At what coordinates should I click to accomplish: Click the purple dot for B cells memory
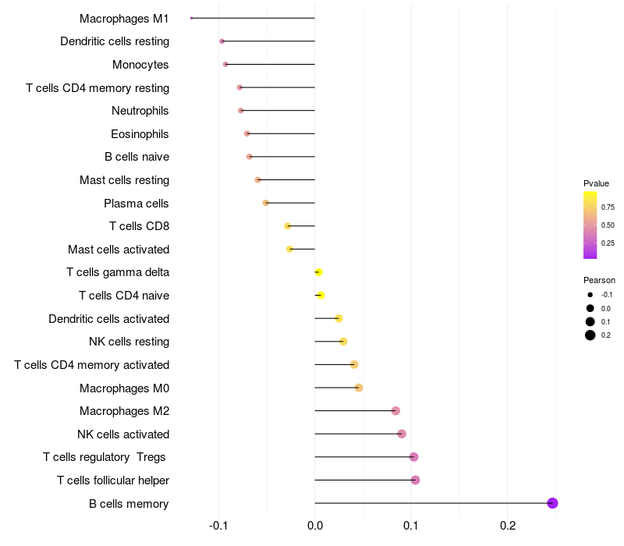[x=552, y=503]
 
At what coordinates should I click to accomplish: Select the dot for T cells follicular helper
[x=415, y=480]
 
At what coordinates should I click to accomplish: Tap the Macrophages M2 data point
[x=395, y=411]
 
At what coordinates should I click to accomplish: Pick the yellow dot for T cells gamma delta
[x=318, y=272]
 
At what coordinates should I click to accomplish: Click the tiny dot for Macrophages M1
[x=191, y=18]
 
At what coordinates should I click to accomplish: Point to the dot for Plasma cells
[x=266, y=203]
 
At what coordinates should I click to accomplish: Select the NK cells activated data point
[x=402, y=434]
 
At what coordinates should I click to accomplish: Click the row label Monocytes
[x=140, y=65]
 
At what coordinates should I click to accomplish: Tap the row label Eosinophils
[x=140, y=134]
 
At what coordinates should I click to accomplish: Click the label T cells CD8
[x=139, y=226]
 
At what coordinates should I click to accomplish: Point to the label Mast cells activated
[x=119, y=250]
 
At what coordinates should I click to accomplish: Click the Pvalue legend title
[x=596, y=183]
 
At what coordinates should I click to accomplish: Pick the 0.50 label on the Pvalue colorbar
[x=608, y=225]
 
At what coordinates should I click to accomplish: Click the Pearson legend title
[x=599, y=280]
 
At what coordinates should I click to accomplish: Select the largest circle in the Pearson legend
[x=590, y=335]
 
